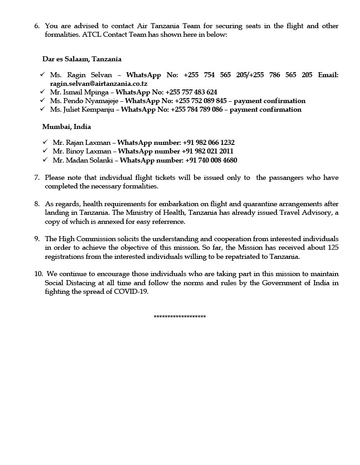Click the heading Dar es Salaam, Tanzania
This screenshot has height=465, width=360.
(x=82, y=59)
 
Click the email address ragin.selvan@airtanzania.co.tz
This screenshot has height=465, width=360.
(x=99, y=84)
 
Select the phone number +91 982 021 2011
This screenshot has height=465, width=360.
(x=208, y=151)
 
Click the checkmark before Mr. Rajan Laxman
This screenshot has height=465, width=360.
(x=45, y=143)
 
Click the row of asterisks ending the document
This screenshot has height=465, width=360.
(x=180, y=317)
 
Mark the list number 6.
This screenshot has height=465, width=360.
(x=37, y=26)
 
